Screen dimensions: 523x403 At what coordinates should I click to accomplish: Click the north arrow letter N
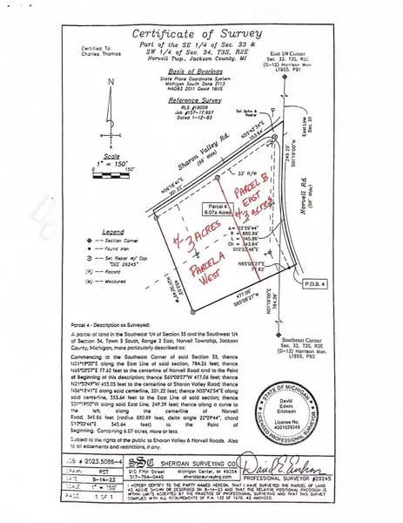(x=110, y=82)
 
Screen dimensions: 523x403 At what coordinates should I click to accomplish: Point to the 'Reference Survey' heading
(x=202, y=100)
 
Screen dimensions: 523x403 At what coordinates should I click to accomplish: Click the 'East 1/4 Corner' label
(x=287, y=53)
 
